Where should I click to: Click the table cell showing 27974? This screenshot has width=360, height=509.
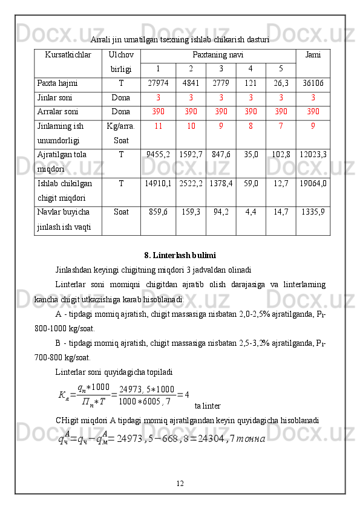pyautogui.click(x=158, y=83)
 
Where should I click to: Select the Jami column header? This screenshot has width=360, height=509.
pyautogui.click(x=313, y=56)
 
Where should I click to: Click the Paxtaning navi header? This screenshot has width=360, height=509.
pyautogui.click(x=218, y=55)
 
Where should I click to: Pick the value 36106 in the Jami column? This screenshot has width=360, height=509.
pyautogui.click(x=313, y=83)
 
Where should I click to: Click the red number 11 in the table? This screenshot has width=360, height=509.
pyautogui.click(x=158, y=127)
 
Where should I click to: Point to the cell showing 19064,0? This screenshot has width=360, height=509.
pyautogui.click(x=313, y=183)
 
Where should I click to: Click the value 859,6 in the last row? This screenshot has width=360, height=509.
pyautogui.click(x=158, y=212)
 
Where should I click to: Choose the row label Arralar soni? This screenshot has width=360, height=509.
pyautogui.click(x=58, y=112)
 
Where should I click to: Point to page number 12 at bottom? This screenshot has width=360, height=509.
pyautogui.click(x=180, y=483)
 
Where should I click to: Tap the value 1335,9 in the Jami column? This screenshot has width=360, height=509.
pyautogui.click(x=313, y=212)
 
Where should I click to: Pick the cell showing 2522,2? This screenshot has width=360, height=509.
pyautogui.click(x=191, y=183)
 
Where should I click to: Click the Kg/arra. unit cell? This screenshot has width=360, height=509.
pyautogui.click(x=121, y=127)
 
